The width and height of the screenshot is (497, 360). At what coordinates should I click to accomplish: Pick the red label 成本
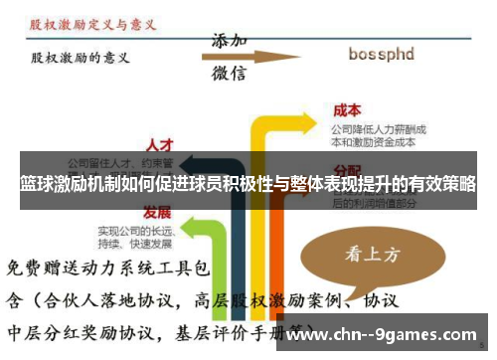coord(347,109)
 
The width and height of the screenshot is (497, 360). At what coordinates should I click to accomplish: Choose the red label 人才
coord(160,144)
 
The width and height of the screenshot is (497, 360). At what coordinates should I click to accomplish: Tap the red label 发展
coord(157,213)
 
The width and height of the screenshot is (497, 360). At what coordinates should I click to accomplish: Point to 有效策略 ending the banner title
coord(443,185)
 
